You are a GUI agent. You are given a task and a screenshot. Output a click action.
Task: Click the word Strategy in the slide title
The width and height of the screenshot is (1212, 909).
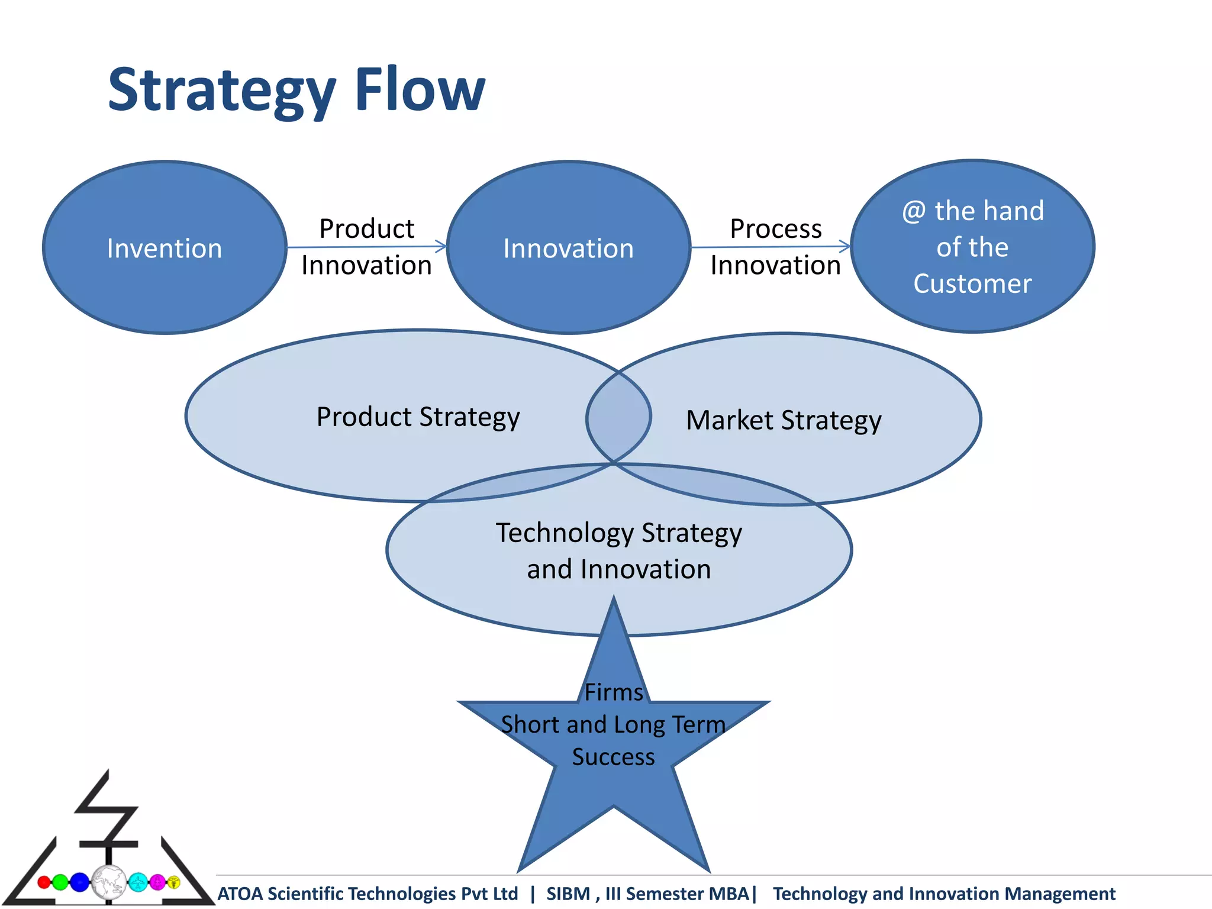coord(222,90)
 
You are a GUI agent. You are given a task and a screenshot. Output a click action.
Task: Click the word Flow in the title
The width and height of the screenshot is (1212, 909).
coord(420,90)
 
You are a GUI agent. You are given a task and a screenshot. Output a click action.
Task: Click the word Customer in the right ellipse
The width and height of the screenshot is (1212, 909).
coord(972,283)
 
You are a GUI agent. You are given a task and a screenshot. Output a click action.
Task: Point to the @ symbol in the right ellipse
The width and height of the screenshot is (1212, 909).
coord(914,211)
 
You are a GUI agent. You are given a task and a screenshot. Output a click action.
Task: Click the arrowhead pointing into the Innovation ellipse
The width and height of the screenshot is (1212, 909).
coord(441,246)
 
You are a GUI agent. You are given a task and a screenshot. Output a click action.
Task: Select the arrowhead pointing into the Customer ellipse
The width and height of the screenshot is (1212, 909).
coord(846,246)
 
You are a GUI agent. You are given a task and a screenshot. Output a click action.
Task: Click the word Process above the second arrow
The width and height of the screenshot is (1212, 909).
coord(775,228)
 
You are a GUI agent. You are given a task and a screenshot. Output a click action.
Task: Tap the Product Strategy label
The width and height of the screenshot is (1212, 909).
coord(418,417)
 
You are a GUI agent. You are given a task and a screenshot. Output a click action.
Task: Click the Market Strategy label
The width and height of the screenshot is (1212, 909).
coord(783,420)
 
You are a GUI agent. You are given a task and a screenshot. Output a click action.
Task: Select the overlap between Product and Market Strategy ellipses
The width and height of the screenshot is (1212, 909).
coord(618,417)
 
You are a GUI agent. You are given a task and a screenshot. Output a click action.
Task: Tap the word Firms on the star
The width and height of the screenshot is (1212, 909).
coord(614,692)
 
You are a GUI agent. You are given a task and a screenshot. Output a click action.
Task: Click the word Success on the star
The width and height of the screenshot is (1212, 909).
coord(614,757)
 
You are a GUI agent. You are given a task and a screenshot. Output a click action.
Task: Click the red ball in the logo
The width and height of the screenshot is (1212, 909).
coord(44,882)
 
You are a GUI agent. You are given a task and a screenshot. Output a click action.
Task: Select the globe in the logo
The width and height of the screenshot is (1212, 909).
coord(109,882)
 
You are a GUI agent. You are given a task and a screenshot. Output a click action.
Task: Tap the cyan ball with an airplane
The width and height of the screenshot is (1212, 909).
coord(138,882)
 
